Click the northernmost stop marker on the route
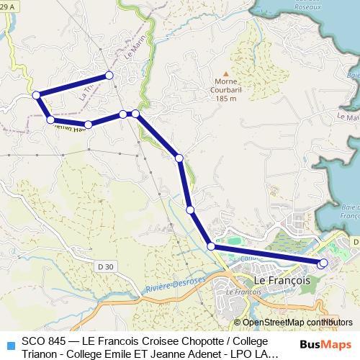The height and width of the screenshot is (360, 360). tap(109, 75)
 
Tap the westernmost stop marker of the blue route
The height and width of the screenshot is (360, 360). tap(36, 94)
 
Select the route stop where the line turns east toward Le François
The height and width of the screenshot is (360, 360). tap(212, 246)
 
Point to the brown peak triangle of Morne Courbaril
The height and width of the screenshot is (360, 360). tap(225, 73)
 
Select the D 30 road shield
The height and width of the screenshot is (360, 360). tap(105, 266)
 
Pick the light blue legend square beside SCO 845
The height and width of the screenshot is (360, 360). tap(9, 344)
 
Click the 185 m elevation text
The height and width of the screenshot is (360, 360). tap(225, 99)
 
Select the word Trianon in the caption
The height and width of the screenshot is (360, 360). tap(40, 353)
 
